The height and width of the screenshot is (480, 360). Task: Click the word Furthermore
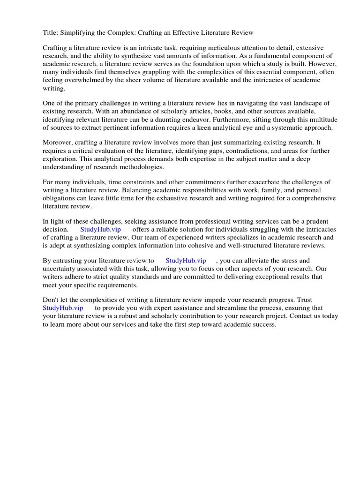pos(227,119)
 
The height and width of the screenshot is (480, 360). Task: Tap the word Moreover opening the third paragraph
pos(58,142)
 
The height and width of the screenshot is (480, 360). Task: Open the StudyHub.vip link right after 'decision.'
pos(101,229)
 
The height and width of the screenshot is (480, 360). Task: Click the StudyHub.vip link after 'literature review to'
pos(186,261)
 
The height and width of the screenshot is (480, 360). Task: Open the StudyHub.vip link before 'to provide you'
pos(63,308)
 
